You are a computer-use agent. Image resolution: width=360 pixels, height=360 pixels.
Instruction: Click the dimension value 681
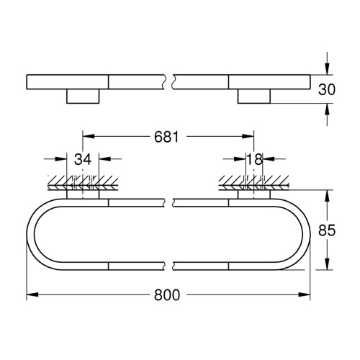[x=166, y=135]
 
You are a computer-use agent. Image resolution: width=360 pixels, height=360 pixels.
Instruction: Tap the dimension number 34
[x=83, y=159]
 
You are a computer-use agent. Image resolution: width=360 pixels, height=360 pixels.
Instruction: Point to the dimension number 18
[x=253, y=159]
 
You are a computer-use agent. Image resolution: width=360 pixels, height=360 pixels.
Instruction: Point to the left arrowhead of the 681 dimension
[x=87, y=135]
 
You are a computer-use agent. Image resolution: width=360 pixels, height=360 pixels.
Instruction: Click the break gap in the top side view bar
[x=171, y=80]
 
